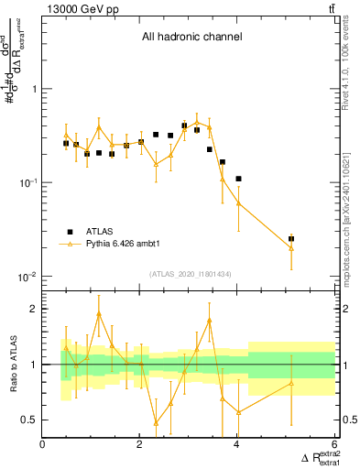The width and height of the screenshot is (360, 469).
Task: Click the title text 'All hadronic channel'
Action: [191, 38]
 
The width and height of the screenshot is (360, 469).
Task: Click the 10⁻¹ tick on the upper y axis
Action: [27, 183]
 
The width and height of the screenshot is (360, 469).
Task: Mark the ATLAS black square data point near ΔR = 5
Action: [291, 238]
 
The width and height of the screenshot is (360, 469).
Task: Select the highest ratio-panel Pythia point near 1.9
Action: [98, 314]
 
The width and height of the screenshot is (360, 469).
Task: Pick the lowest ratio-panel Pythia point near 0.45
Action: [156, 423]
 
